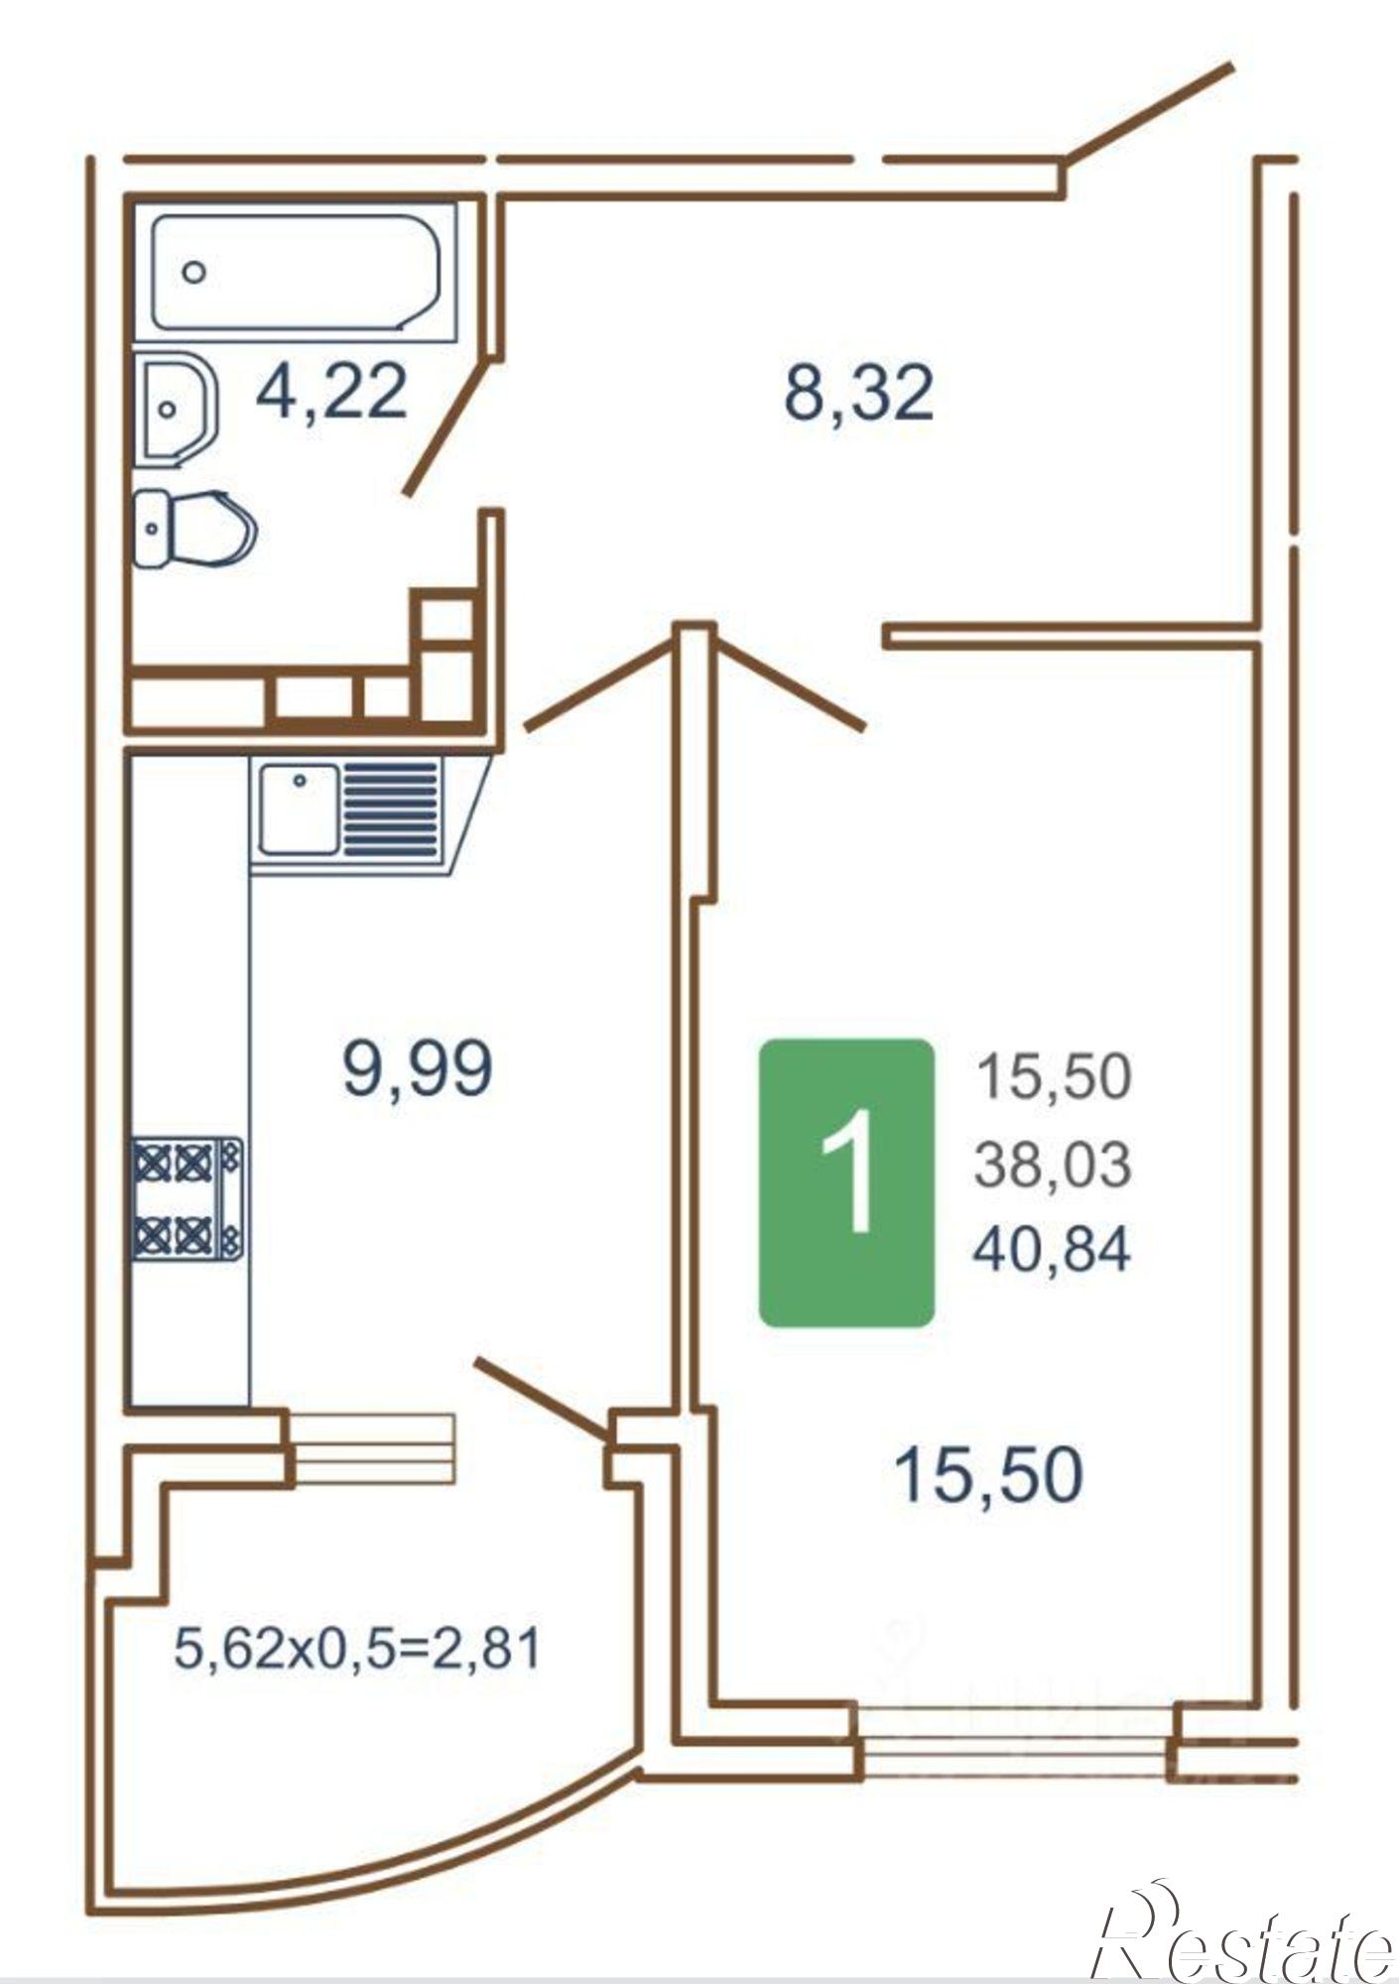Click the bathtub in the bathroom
coord(296,273)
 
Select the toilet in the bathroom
coord(194,529)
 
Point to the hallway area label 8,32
coord(858,393)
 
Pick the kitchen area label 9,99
coord(417,1069)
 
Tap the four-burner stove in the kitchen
coord(188,1199)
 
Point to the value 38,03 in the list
coord(1052,1164)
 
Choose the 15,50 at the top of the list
coord(1054,1077)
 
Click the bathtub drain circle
coord(194,272)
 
